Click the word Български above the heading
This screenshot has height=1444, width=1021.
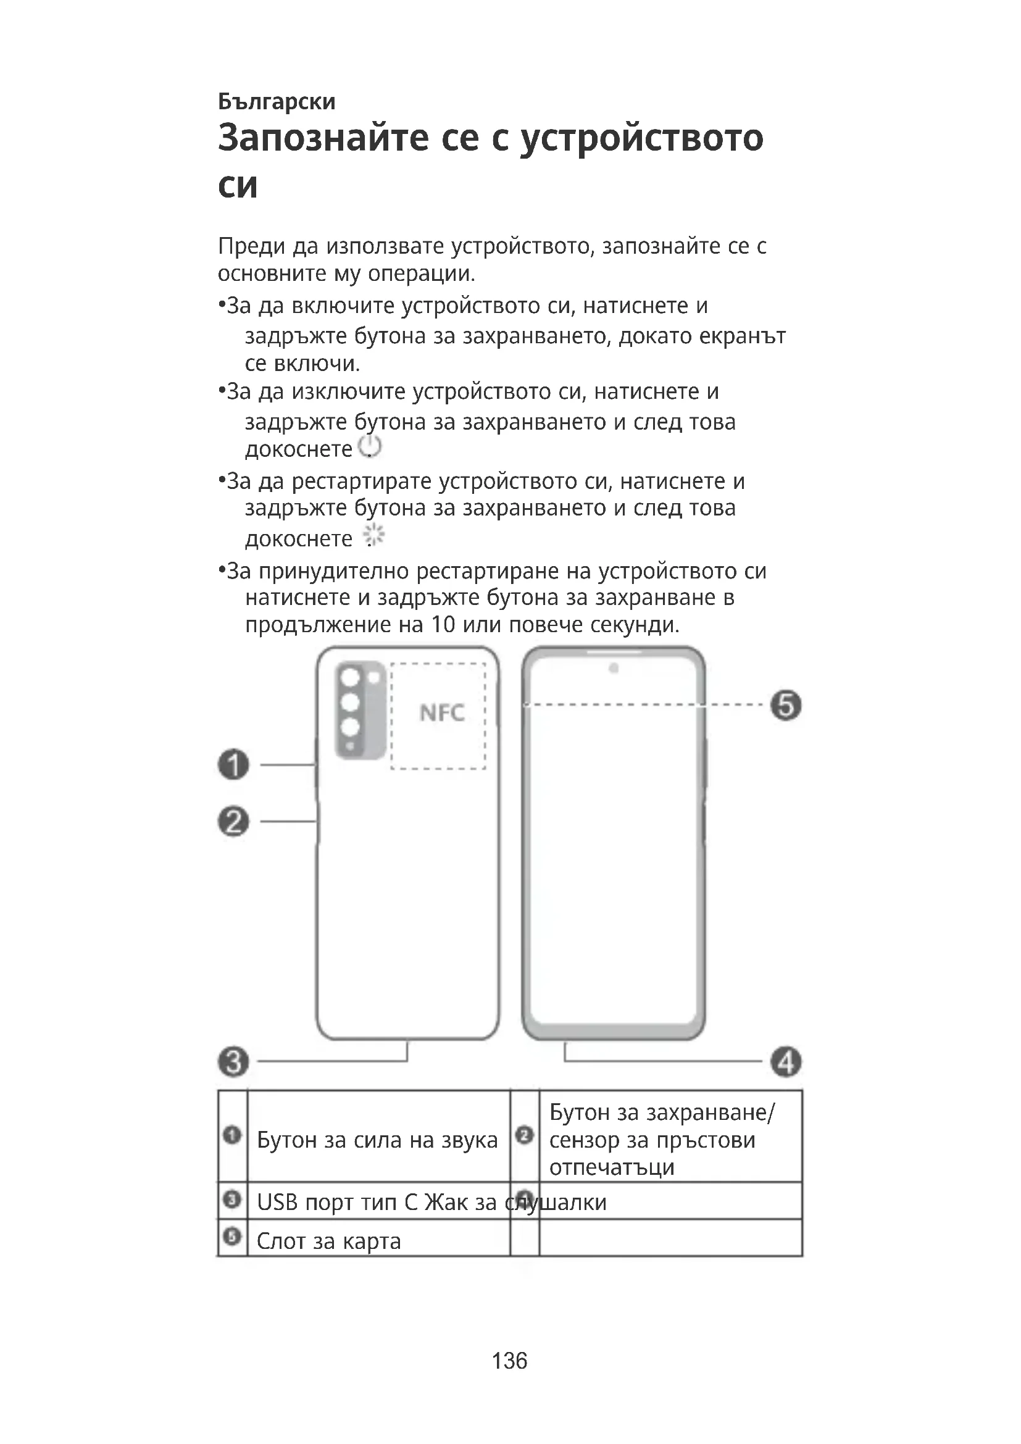277,101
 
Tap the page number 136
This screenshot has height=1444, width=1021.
509,1361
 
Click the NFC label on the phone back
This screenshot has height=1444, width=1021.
442,712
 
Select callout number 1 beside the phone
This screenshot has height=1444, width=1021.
234,765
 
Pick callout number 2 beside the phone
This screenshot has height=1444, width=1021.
234,821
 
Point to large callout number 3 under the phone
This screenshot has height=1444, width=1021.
234,1062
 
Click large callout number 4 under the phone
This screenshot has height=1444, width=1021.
786,1062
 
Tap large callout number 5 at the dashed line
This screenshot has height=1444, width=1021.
786,705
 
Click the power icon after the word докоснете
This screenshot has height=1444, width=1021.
370,446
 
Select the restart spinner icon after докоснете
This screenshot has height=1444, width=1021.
374,535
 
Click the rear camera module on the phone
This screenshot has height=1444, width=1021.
360,709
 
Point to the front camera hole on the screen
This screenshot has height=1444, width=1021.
614,668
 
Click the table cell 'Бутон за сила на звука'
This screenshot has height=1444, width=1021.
377,1140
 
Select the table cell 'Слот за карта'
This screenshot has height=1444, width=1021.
329,1241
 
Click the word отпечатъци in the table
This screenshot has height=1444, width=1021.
612,1167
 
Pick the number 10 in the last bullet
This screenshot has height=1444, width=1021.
443,625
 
